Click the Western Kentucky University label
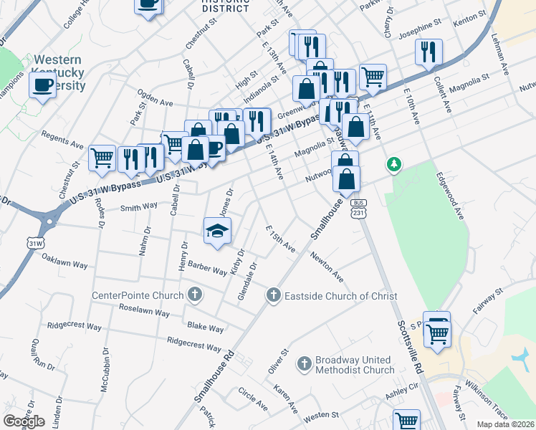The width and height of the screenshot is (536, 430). [x=59, y=73]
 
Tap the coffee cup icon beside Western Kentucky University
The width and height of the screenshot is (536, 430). [x=43, y=86]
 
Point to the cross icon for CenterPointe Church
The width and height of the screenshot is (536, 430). [x=194, y=295]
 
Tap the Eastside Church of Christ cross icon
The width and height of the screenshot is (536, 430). [x=273, y=295]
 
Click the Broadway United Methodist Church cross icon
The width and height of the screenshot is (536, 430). [x=305, y=364]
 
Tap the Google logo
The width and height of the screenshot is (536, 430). [x=24, y=421]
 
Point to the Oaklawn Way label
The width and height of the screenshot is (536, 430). [x=64, y=260]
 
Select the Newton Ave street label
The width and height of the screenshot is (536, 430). [x=327, y=265]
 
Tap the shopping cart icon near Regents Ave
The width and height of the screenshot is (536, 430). [x=102, y=157]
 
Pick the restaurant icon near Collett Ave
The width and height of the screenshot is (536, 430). [x=429, y=51]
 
